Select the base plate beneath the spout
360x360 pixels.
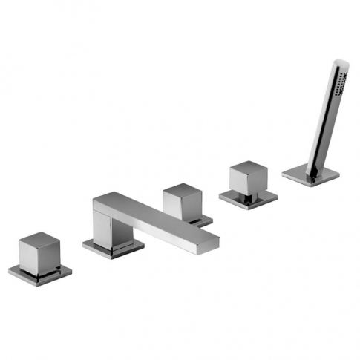111,247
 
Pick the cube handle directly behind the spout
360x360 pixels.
183,203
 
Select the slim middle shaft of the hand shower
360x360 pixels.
325,126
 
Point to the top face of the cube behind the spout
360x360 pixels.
182,191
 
